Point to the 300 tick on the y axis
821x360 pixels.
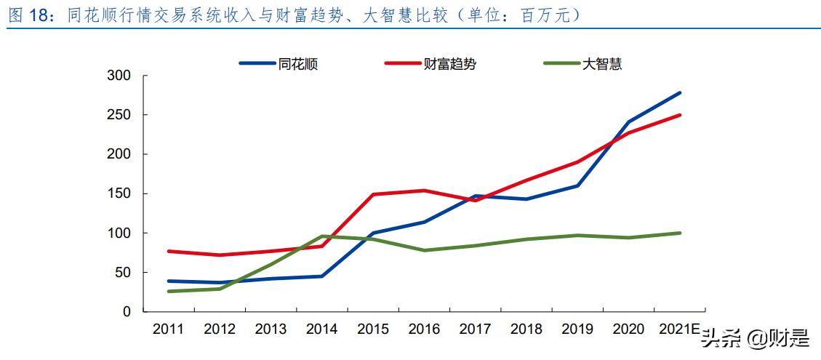[x=118, y=76]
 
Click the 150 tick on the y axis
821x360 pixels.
[x=118, y=193]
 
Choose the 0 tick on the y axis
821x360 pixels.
[x=126, y=311]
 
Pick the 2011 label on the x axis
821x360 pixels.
[x=168, y=329]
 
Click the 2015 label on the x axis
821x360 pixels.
[x=373, y=329]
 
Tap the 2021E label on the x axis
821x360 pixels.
[x=678, y=329]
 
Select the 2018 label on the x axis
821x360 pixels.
[x=526, y=329]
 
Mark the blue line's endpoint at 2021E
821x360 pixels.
[x=679, y=93]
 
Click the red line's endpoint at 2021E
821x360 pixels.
[x=679, y=115]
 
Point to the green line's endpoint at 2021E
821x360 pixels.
[x=679, y=233]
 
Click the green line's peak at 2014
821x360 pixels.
[x=322, y=236]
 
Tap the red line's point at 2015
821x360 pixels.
[x=373, y=194]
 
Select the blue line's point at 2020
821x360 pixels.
[x=628, y=122]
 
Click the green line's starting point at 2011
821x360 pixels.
[x=169, y=291]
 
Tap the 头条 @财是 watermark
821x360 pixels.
[x=756, y=338]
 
